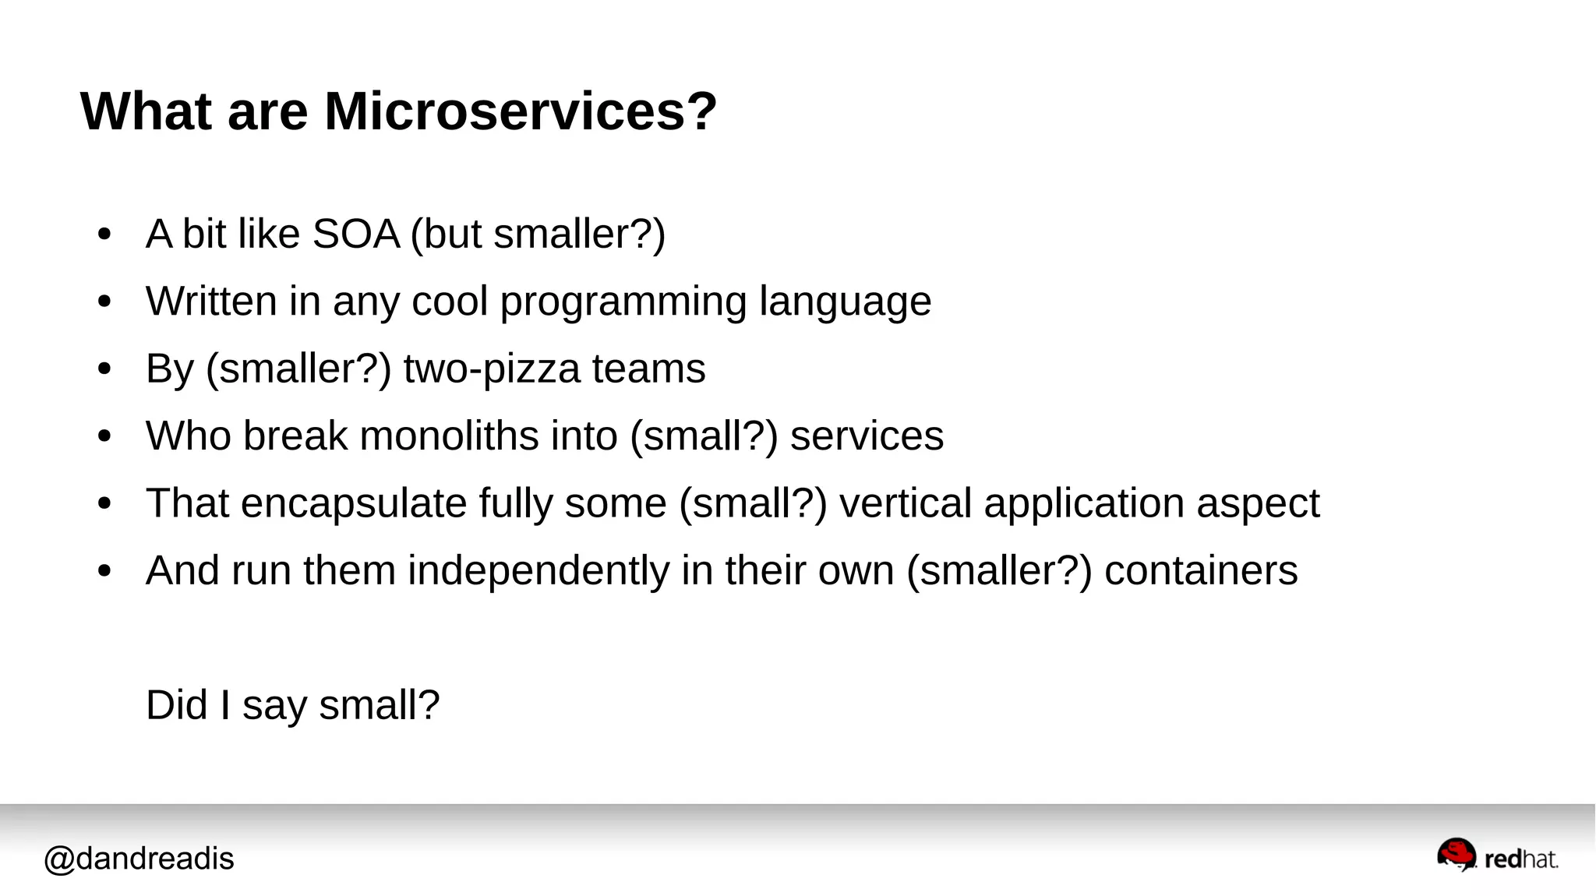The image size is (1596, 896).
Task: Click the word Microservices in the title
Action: click(520, 111)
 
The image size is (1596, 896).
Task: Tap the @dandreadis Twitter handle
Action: click(139, 859)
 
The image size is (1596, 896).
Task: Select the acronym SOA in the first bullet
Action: click(355, 234)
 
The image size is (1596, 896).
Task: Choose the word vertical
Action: click(906, 503)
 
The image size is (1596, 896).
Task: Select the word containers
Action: click(1200, 570)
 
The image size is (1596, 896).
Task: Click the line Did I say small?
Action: click(293, 705)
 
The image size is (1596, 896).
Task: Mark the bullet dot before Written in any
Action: click(105, 302)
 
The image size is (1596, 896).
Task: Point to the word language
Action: click(845, 302)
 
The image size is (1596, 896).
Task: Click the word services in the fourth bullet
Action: click(867, 436)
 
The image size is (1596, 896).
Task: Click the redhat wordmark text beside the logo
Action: click(1520, 859)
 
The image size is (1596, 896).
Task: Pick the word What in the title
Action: click(146, 111)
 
